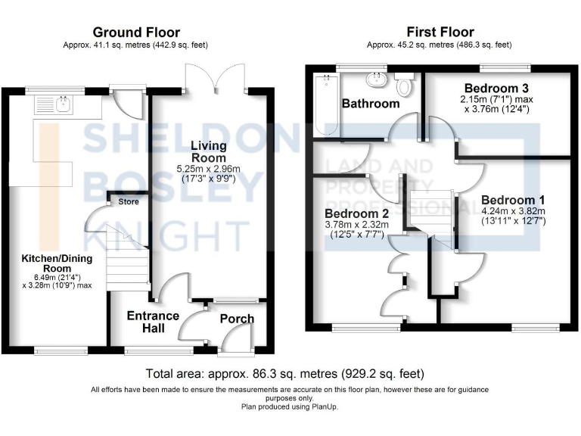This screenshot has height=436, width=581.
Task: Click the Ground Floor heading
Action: click(x=136, y=32)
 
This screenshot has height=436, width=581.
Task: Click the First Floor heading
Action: click(x=440, y=32)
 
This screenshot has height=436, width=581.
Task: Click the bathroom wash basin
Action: click(x=374, y=80)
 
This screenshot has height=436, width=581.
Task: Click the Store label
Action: click(x=129, y=201)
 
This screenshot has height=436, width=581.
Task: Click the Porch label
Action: click(x=237, y=319)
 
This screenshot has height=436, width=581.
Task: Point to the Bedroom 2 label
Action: click(x=356, y=213)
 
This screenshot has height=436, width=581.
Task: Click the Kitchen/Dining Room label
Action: click(x=57, y=264)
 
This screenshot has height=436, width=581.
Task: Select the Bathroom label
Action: click(x=370, y=103)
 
